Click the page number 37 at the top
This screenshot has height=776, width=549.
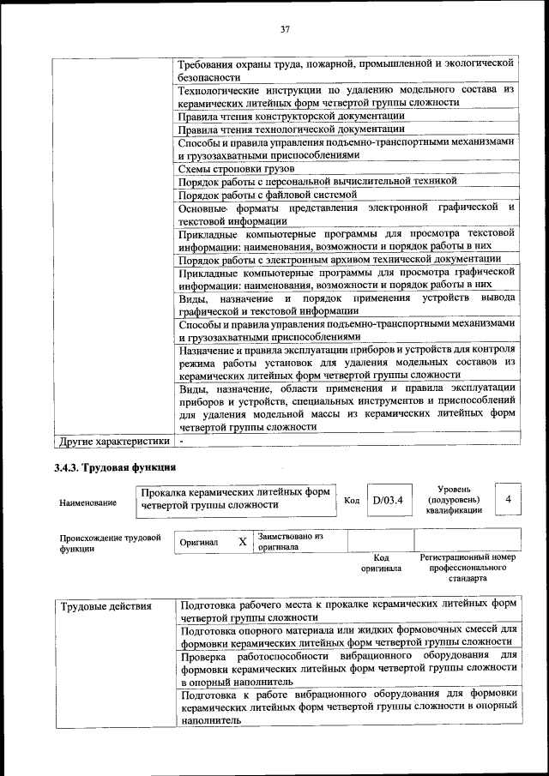286,30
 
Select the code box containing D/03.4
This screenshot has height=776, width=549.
388,500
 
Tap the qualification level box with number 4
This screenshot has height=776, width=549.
509,499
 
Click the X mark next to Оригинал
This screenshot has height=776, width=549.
243,542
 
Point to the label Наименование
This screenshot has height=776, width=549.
88,503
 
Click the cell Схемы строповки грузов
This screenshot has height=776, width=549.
225,169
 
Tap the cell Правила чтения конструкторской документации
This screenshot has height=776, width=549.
291,116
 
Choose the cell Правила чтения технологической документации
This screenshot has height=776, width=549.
291,129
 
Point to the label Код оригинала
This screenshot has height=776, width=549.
381,562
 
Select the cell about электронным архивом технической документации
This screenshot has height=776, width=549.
340,259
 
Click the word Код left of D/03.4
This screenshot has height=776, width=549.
351,500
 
